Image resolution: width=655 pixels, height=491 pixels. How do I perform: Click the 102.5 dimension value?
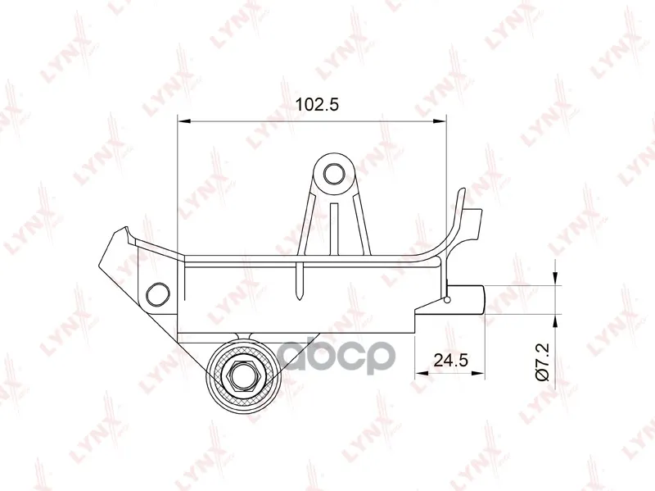pyautogui.click(x=317, y=105)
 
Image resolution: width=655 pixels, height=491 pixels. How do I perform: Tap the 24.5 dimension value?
pyautogui.click(x=451, y=360)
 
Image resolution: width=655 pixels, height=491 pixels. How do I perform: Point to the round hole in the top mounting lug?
pyautogui.click(x=334, y=173)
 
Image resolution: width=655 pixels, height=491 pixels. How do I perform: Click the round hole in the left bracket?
pyautogui.click(x=158, y=293)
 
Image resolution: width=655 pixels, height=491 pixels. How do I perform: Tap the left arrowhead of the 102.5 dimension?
pyautogui.click(x=184, y=121)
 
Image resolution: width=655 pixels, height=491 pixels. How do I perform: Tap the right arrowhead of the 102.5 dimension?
pyautogui.click(x=440, y=121)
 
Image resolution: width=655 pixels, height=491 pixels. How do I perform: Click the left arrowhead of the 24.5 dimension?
pyautogui.click(x=421, y=373)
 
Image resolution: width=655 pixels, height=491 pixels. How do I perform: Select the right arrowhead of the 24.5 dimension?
pyautogui.click(x=478, y=373)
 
